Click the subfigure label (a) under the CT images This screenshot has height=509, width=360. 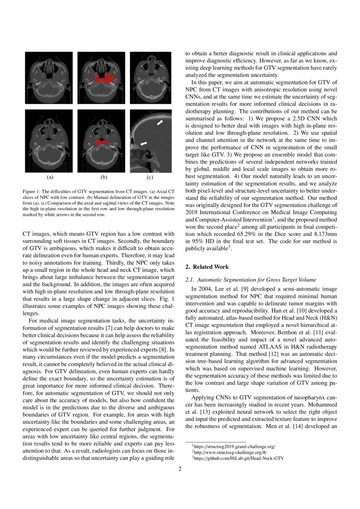(50, 177)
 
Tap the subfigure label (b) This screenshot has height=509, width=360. (104, 177)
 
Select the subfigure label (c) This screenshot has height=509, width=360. (150, 177)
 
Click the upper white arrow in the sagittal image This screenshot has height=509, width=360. (160, 124)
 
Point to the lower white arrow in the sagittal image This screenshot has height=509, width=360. (144, 143)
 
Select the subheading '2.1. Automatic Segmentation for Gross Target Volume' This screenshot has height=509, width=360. (251, 280)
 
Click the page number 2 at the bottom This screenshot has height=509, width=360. (180, 469)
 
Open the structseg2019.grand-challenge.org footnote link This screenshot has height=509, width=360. (235, 447)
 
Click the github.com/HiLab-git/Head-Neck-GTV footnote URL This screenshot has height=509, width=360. (239, 458)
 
